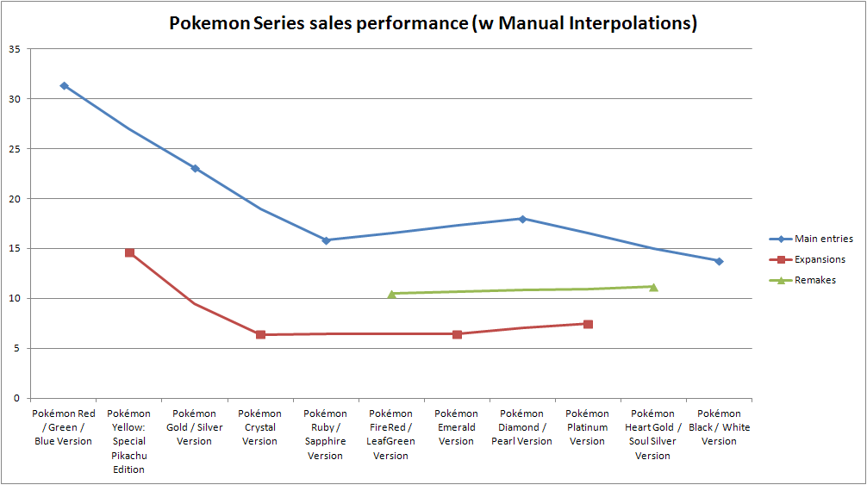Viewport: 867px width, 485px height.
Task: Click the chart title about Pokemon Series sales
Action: coord(433,23)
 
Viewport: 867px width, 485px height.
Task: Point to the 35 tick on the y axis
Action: coord(15,49)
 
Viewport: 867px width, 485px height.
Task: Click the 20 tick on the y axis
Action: coord(15,199)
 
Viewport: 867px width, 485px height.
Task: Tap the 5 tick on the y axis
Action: coord(17,349)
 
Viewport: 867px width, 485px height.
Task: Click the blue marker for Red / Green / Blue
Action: coord(64,86)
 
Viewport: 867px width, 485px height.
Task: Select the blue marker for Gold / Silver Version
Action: coord(195,168)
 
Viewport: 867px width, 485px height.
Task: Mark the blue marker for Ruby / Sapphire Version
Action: coord(326,240)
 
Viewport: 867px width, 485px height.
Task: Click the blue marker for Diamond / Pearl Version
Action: coord(522,219)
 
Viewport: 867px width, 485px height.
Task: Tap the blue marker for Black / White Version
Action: coord(719,261)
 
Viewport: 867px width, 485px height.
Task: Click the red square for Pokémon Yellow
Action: coord(129,252)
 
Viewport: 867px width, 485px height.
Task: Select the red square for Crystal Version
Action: coord(260,334)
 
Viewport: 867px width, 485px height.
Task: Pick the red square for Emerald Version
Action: coord(457,334)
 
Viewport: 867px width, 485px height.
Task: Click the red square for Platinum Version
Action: coord(588,324)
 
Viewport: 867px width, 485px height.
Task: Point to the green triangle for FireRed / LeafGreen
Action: coord(391,294)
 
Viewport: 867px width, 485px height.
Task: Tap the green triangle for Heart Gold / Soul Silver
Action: coord(653,287)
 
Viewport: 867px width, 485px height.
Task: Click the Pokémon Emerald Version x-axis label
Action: coord(457,427)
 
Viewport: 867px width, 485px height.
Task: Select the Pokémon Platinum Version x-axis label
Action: coord(588,427)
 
